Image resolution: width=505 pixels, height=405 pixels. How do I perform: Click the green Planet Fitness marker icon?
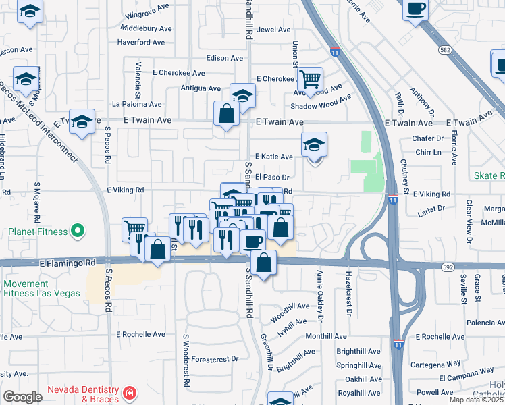[78, 232]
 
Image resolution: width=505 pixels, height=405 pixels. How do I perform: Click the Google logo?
[22, 397]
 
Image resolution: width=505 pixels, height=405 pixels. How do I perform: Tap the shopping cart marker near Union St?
[310, 80]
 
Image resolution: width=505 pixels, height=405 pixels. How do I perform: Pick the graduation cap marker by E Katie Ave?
[314, 145]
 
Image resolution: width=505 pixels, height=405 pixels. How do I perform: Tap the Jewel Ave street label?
[273, 30]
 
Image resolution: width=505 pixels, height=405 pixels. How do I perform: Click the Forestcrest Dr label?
[215, 359]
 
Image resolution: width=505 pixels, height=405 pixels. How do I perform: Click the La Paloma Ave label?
[137, 104]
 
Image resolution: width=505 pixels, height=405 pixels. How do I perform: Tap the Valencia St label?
[138, 77]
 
